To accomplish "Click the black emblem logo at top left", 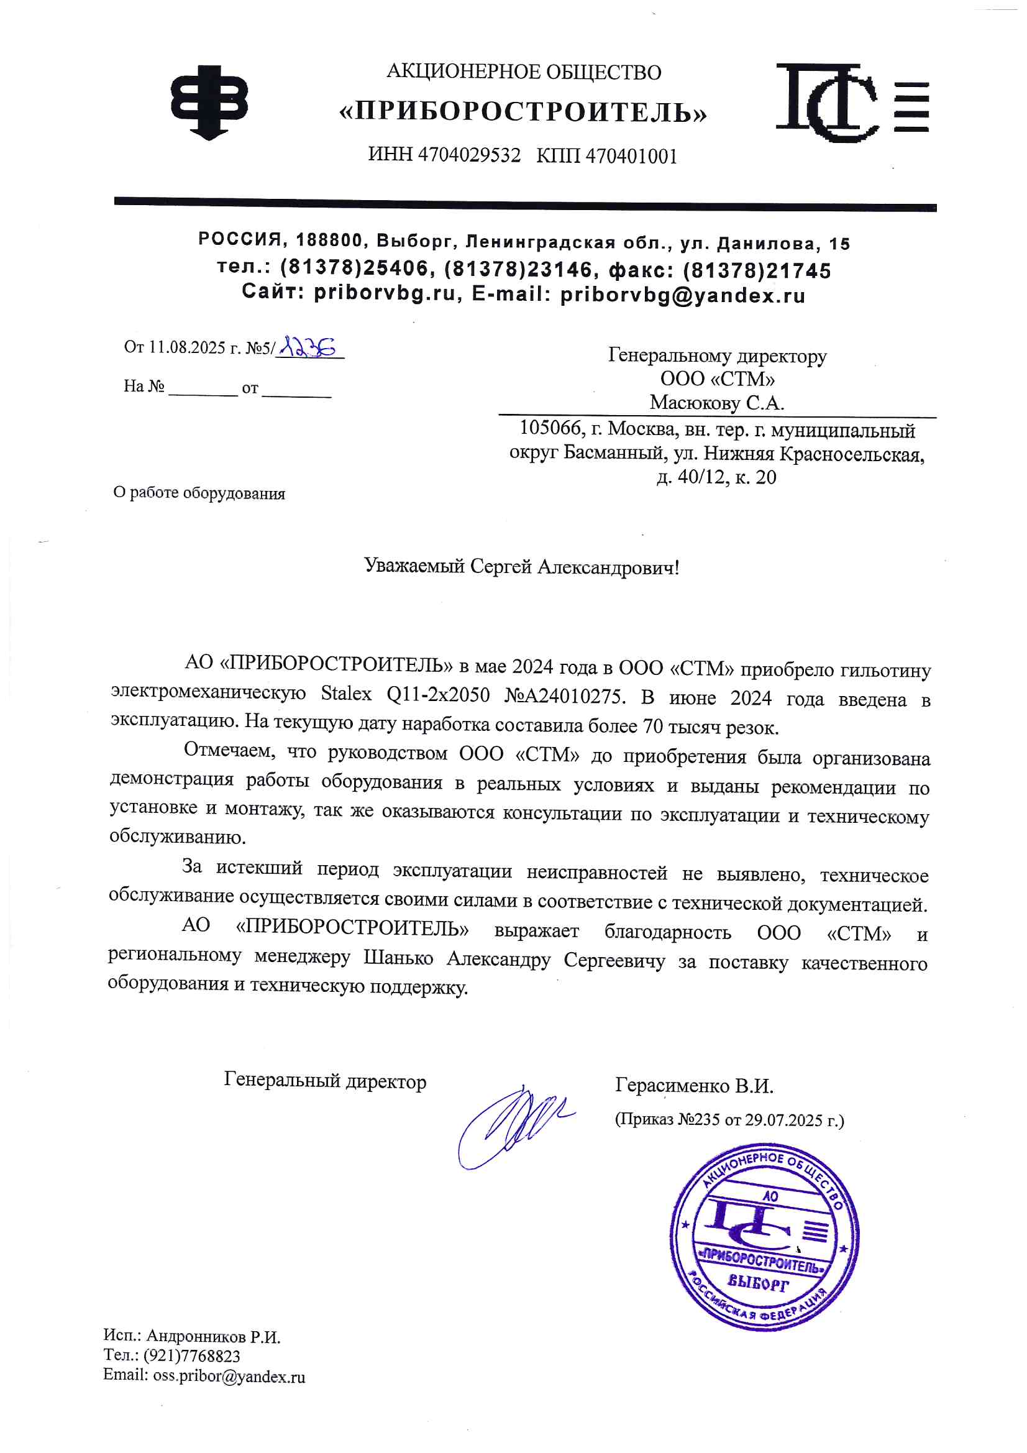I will coord(209,102).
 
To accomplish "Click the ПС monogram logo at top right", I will coord(852,103).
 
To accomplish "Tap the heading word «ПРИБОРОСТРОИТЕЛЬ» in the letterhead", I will coord(523,112).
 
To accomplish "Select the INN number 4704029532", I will coord(469,155).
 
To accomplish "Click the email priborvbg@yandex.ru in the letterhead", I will coord(683,295).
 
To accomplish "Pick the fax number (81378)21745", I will coord(757,271).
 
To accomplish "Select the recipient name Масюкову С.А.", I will coord(716,403).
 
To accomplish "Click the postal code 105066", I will coord(550,428).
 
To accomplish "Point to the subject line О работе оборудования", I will coord(199,493).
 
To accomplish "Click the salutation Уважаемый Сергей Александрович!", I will coord(521,566).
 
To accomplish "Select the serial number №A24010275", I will coord(565,695).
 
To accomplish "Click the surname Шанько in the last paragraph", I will coord(398,958).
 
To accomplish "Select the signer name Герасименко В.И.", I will coord(694,1086).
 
